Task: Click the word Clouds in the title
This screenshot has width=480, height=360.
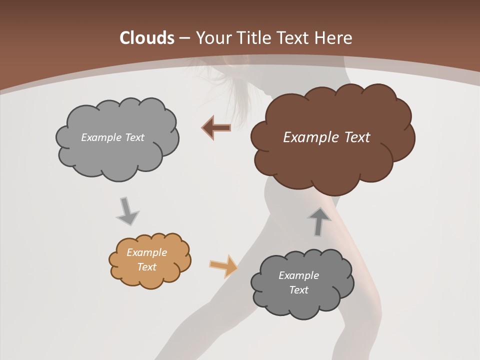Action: [x=147, y=38]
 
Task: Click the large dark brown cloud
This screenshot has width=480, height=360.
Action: [x=330, y=160]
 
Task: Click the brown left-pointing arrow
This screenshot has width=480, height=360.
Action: [x=216, y=128]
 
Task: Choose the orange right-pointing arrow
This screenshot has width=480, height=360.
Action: [x=223, y=265]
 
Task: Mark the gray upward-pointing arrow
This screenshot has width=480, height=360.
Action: [x=319, y=221]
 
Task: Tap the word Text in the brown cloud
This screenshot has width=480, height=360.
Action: [x=356, y=137]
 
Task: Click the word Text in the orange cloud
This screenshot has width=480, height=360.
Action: [x=147, y=267]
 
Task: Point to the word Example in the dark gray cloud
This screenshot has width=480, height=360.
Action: [x=298, y=275]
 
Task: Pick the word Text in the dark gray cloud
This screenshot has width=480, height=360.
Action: [x=298, y=290]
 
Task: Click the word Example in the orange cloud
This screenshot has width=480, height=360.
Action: [x=147, y=252]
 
